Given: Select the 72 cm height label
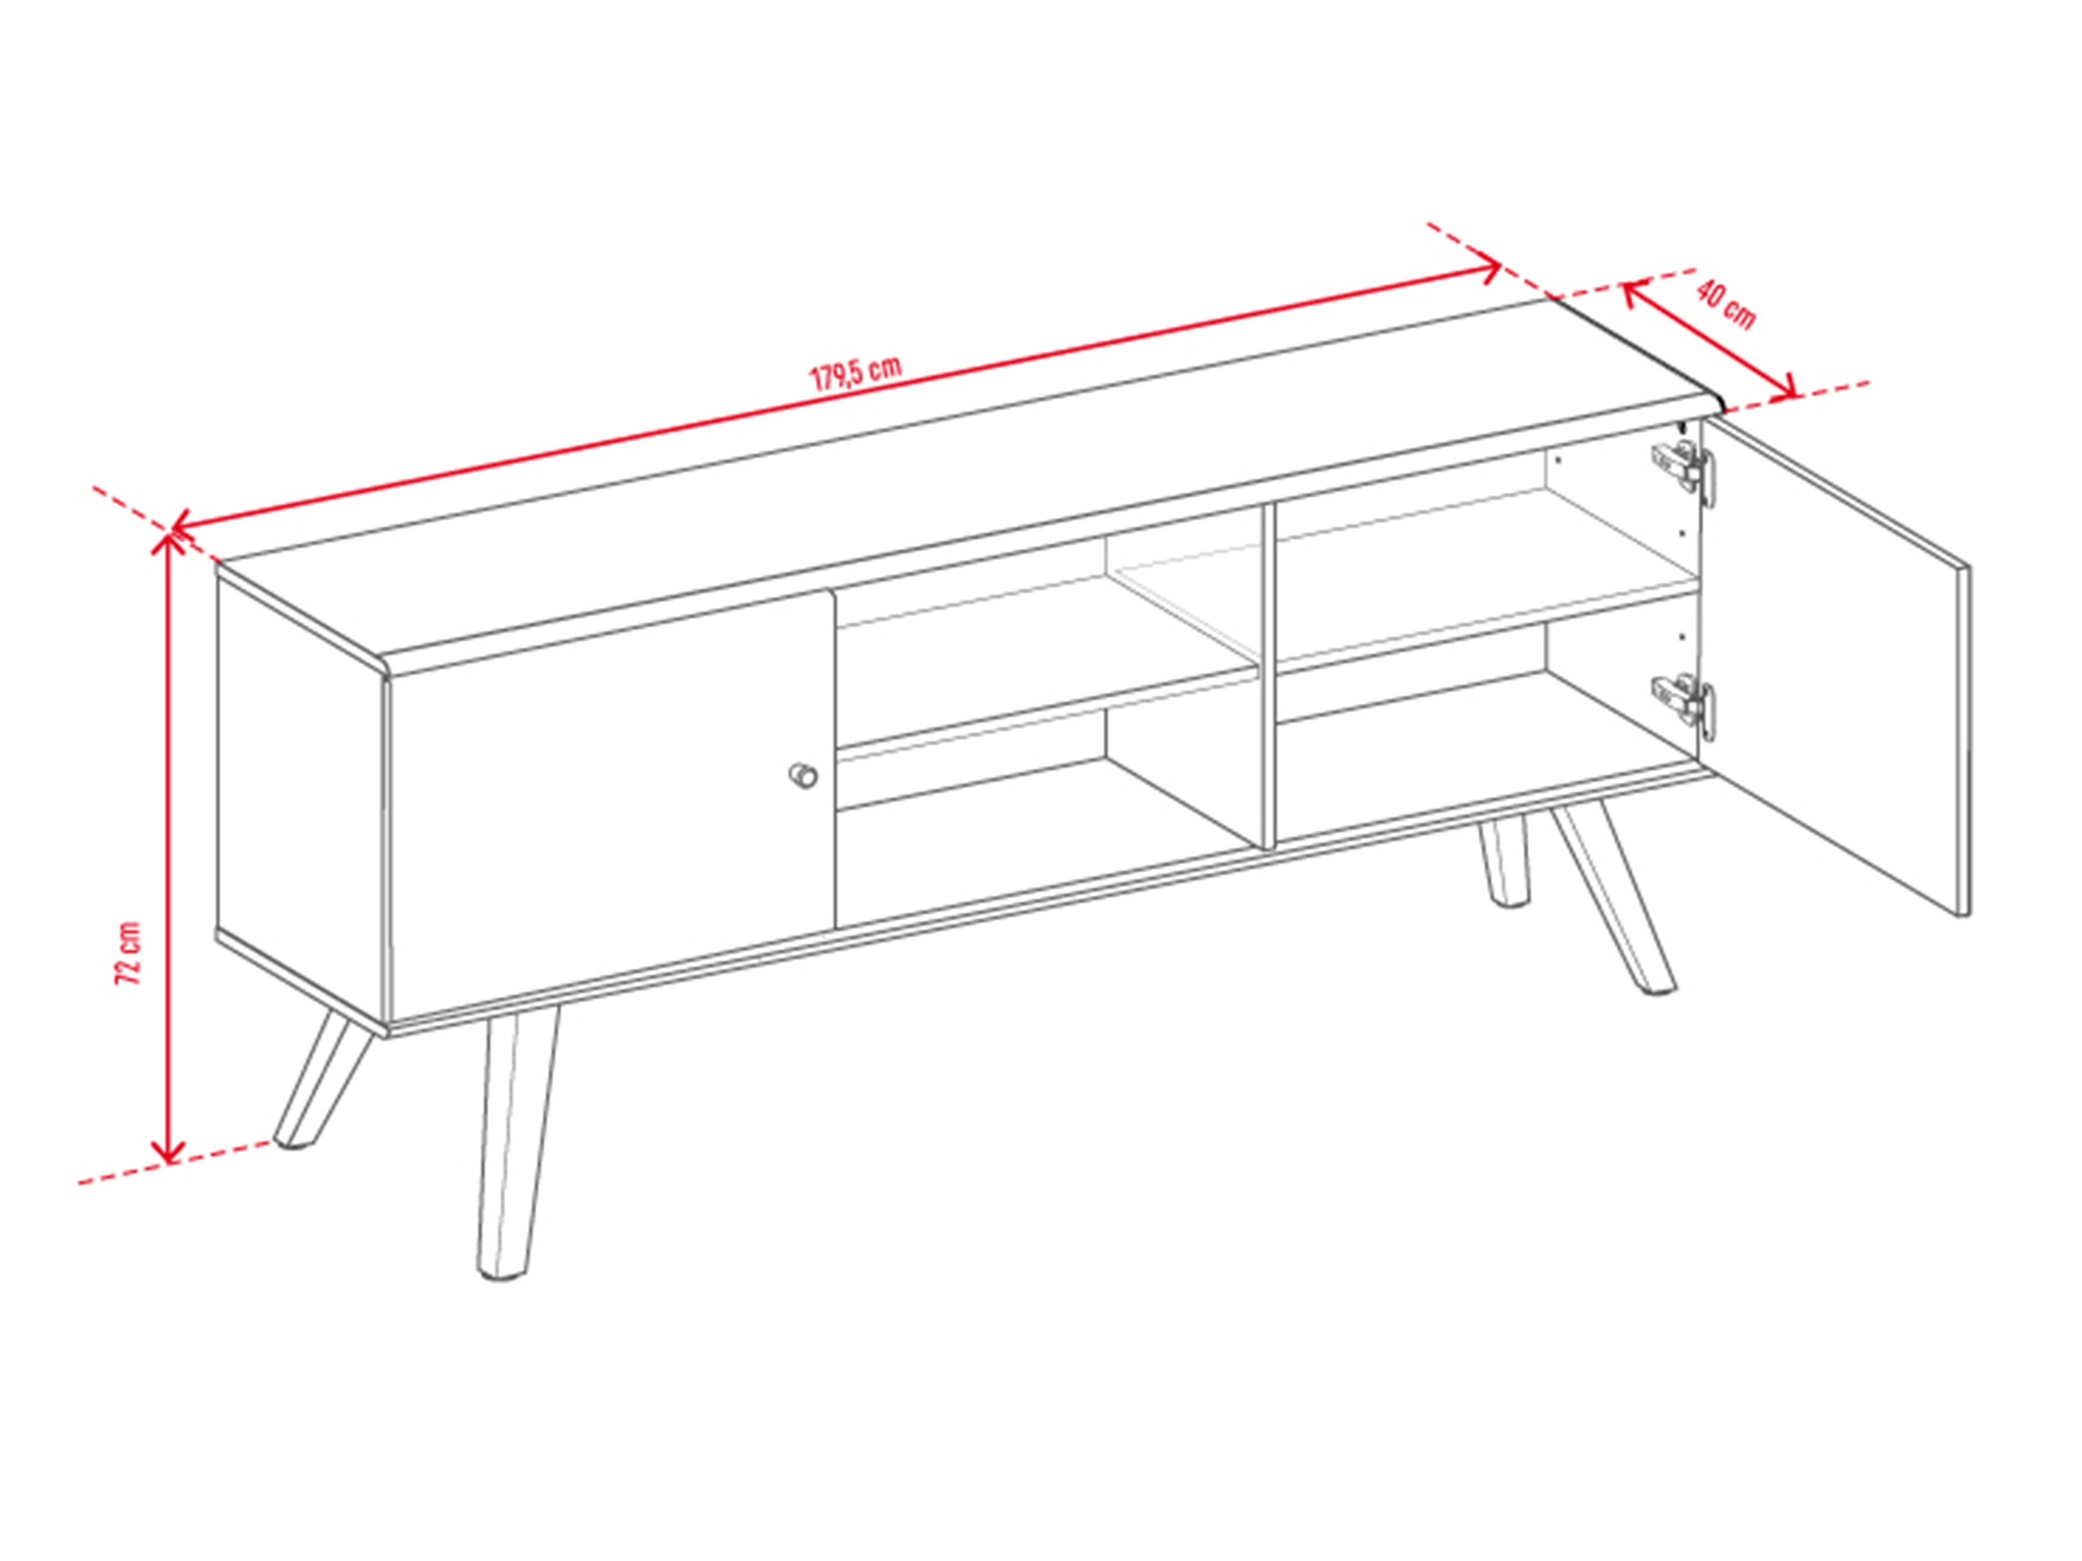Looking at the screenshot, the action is point(127,953).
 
